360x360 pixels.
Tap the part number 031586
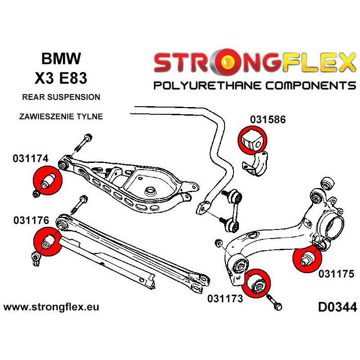(268, 120)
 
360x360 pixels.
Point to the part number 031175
(337, 273)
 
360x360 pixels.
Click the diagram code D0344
(337, 308)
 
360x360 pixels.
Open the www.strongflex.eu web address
(51, 308)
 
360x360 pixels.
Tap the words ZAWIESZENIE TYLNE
(61, 116)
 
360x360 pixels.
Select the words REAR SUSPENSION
(61, 97)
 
